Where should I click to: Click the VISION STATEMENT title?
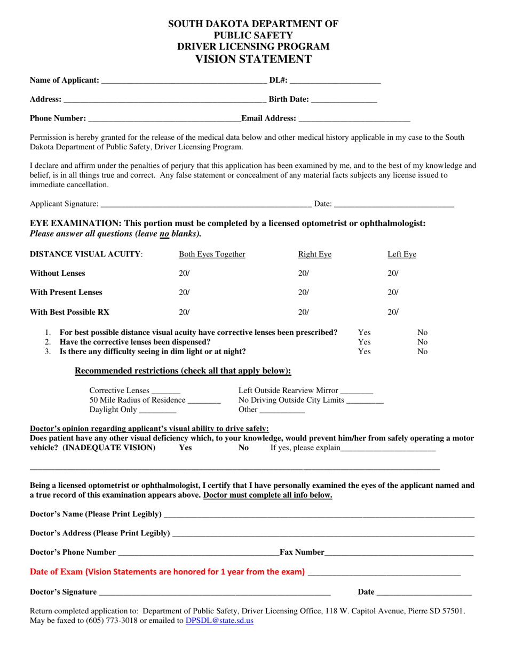point(253,59)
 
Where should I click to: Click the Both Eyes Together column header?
point(212,254)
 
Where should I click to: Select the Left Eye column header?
point(401,254)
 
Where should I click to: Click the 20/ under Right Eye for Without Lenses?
point(303,273)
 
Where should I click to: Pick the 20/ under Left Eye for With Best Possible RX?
point(393,312)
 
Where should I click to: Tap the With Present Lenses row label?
point(66,292)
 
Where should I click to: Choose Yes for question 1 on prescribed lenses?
point(364,332)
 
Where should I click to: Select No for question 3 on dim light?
point(422,351)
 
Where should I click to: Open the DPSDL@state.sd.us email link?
point(219,621)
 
